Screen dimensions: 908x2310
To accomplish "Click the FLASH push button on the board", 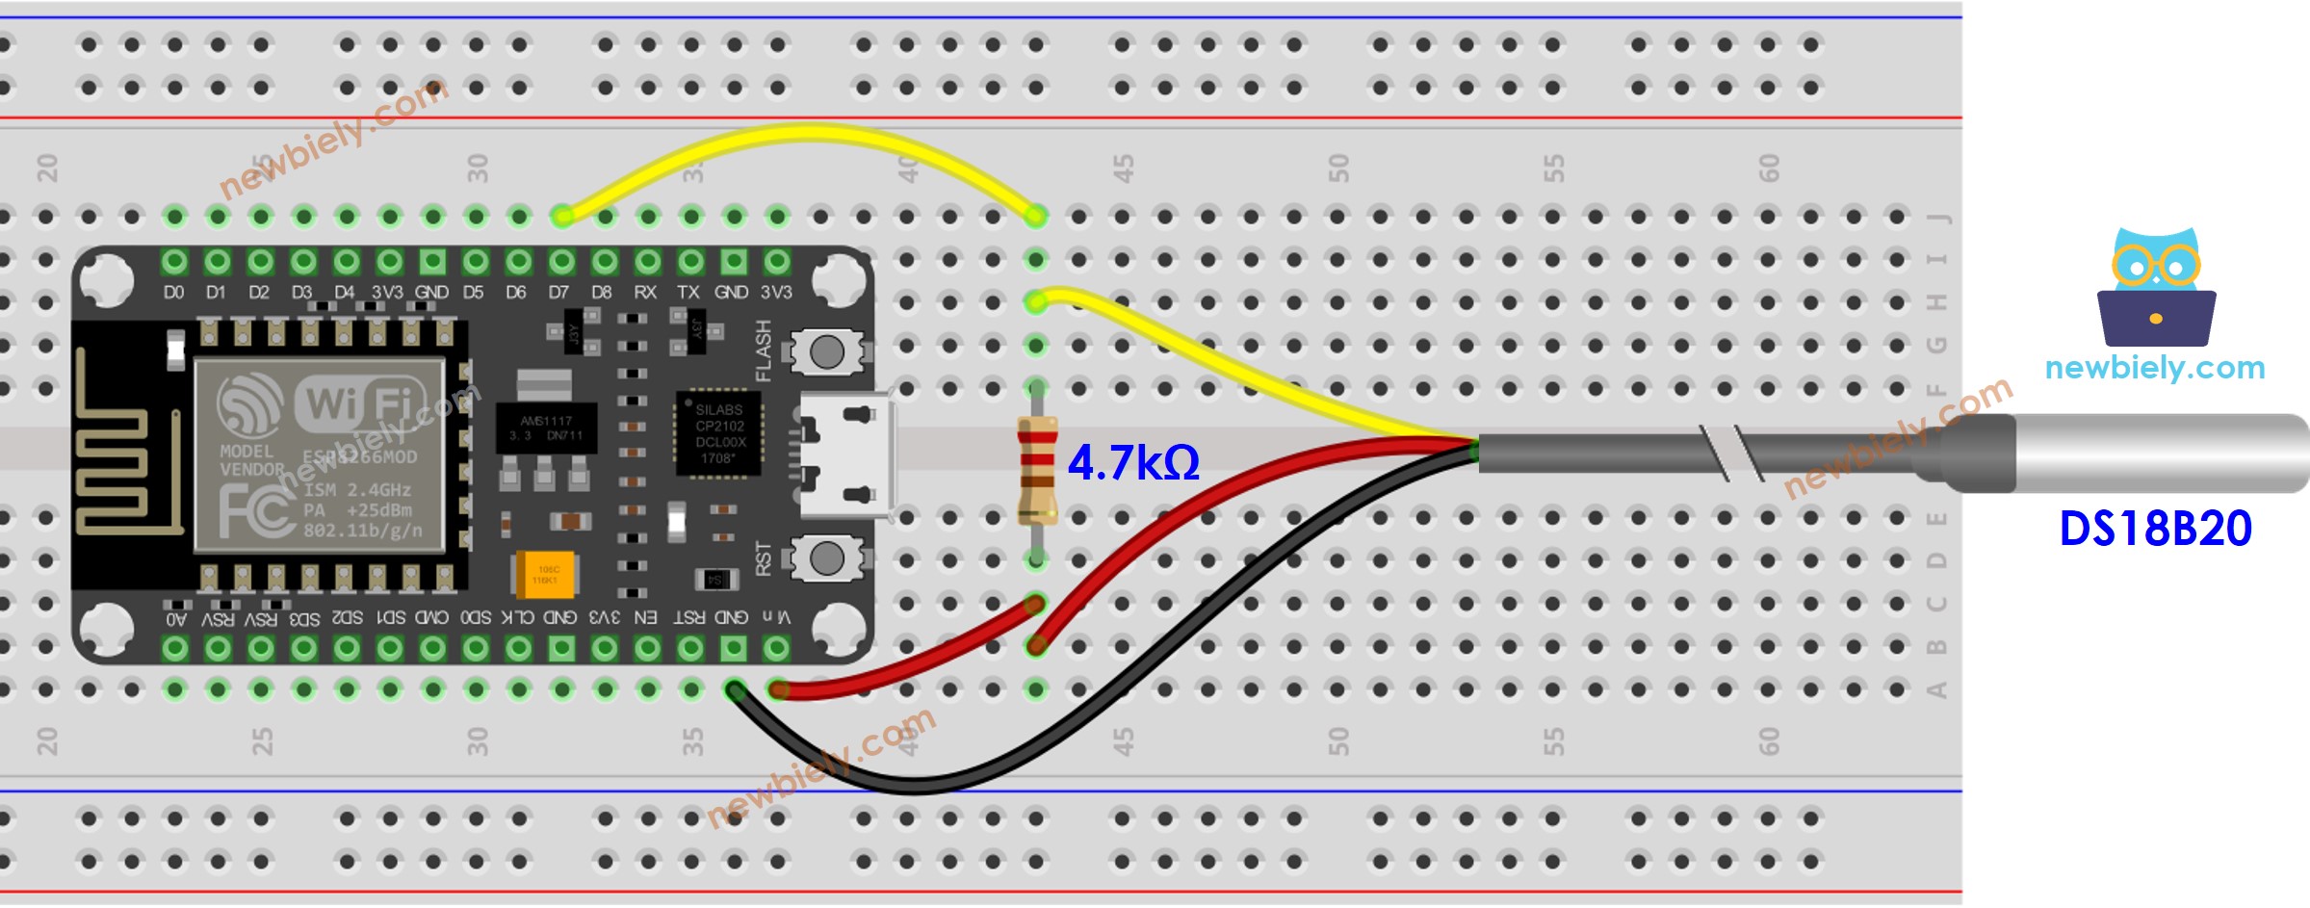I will click(826, 352).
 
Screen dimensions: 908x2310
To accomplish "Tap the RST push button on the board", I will click(826, 558).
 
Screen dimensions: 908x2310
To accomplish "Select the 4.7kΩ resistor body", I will click(1036, 470).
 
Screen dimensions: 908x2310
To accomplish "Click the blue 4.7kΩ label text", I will click(1133, 463).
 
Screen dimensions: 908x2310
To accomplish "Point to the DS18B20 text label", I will click(2155, 529).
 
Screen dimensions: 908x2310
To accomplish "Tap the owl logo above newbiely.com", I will click(2156, 289).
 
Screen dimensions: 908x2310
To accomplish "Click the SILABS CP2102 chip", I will click(719, 434).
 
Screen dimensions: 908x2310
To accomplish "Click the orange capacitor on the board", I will click(545, 575).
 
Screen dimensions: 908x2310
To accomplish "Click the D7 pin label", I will click(558, 292).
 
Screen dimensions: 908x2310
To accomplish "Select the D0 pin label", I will click(173, 292).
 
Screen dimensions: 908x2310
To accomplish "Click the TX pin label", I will click(688, 292).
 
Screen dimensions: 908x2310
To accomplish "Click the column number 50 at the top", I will click(1338, 169).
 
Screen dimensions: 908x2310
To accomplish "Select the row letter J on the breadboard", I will click(1936, 218).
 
